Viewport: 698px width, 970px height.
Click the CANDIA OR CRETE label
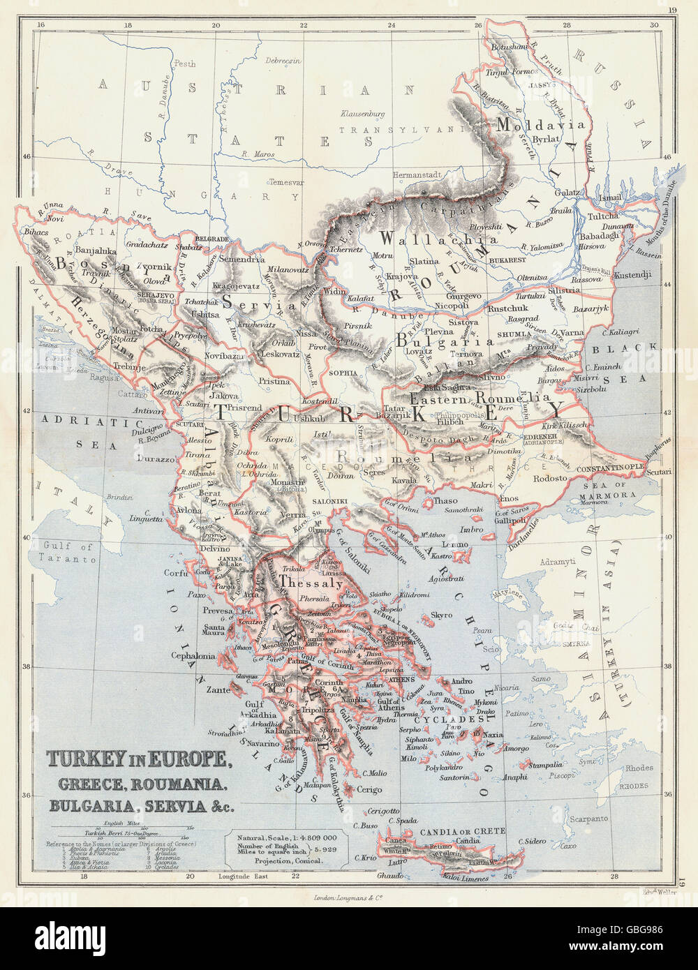point(461,831)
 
